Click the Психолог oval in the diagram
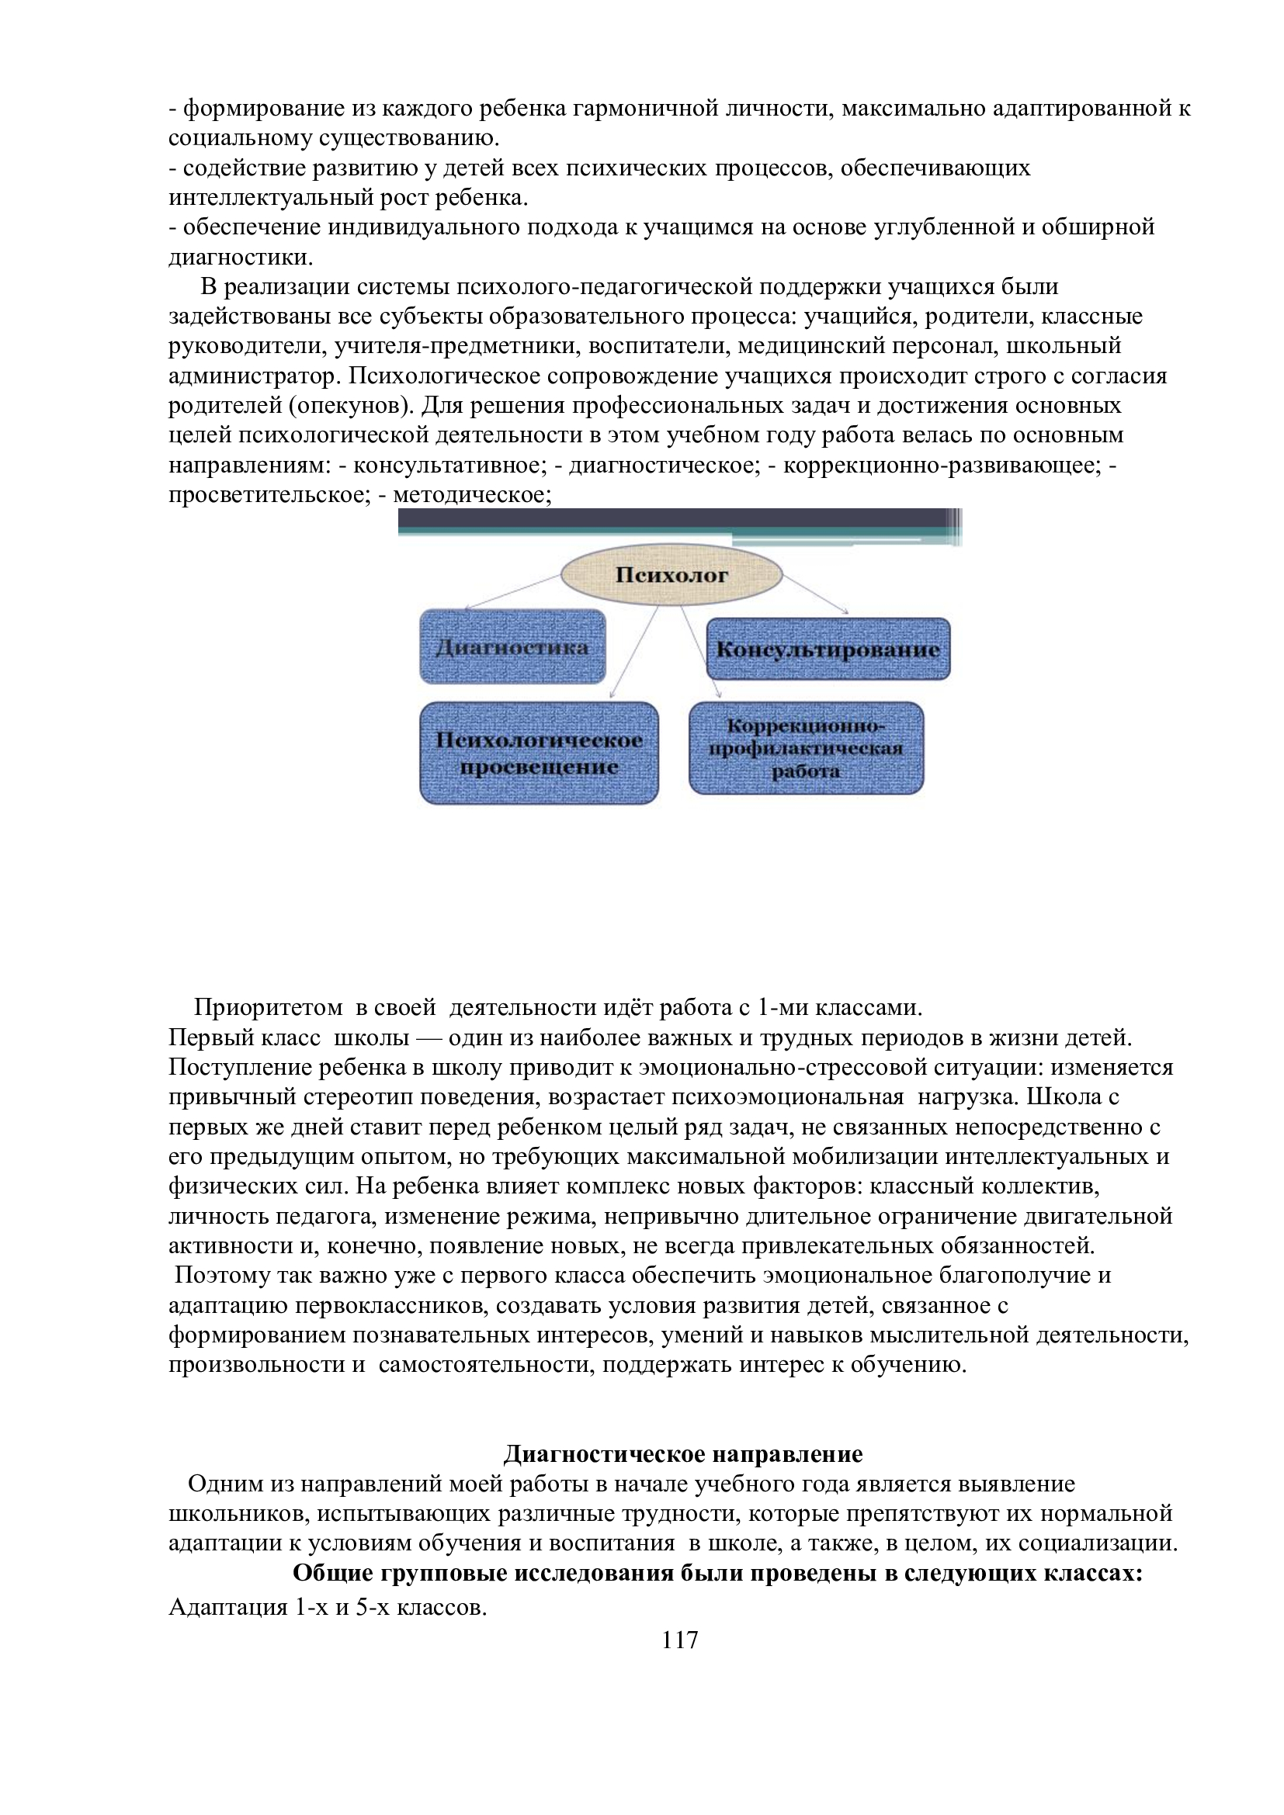point(671,576)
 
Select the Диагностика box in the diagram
point(512,646)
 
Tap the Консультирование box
point(828,649)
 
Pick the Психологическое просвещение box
point(539,753)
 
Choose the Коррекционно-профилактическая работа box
point(806,749)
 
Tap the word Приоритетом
point(268,1008)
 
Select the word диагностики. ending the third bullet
point(241,258)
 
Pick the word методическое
point(471,496)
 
